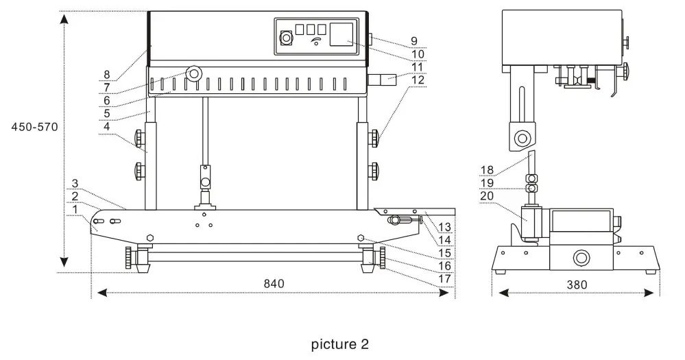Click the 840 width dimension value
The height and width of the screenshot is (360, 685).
(x=273, y=283)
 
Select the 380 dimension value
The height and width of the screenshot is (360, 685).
(x=577, y=285)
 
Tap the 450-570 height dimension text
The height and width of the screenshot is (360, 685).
(x=34, y=128)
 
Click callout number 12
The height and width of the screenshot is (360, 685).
(x=418, y=80)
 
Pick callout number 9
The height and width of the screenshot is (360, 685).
(x=414, y=40)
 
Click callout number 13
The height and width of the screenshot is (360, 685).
(x=444, y=226)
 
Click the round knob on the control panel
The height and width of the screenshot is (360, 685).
(x=284, y=40)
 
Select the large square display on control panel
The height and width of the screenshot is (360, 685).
(x=342, y=34)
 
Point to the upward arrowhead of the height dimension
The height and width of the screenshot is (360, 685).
(x=64, y=19)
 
